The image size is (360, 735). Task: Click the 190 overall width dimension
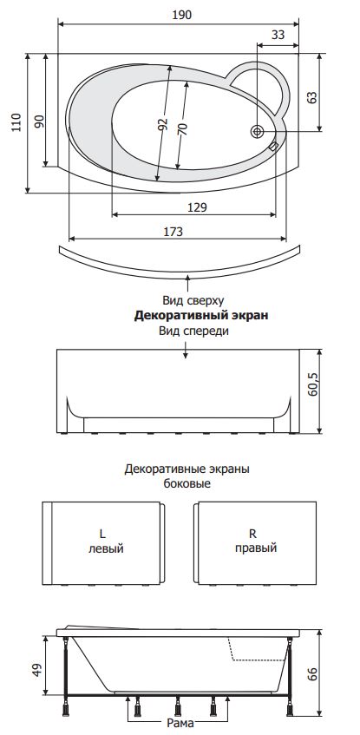[181, 15]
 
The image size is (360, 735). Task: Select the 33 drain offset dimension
[278, 35]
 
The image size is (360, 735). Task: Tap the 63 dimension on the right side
[312, 97]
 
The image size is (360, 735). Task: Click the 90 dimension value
[39, 121]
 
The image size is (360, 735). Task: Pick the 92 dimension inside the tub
[163, 124]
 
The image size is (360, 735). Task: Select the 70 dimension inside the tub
[183, 128]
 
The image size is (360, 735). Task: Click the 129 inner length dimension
[197, 207]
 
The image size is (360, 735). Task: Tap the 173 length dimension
[173, 231]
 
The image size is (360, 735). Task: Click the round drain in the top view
[257, 132]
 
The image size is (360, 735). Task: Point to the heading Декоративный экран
[201, 316]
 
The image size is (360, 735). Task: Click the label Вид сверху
[193, 300]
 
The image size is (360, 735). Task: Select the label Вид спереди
[193, 331]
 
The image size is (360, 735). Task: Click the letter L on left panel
[102, 534]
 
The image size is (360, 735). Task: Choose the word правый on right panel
[256, 548]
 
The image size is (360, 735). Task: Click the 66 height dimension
[312, 674]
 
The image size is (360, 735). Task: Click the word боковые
[187, 483]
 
